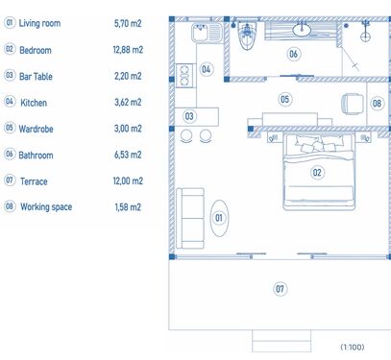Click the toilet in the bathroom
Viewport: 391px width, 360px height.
[x=247, y=36]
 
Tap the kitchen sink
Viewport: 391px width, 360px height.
[x=207, y=33]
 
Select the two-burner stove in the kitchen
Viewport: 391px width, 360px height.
[x=184, y=76]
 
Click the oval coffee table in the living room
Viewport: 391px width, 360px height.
[x=219, y=218]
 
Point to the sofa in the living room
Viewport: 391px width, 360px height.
[x=190, y=218]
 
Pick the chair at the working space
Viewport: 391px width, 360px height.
[x=353, y=104]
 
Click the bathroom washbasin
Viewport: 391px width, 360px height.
[x=302, y=30]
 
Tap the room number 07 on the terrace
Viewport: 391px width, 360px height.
[x=280, y=289]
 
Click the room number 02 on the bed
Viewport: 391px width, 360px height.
[x=317, y=173]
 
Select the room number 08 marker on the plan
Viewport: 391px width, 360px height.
[x=377, y=104]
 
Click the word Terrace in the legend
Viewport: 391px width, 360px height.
[x=34, y=181]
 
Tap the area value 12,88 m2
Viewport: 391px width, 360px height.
[x=128, y=50]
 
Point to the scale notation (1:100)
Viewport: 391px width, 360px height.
[x=353, y=347]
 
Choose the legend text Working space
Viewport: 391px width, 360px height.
[x=46, y=207]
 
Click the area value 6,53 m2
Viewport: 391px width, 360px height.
[x=128, y=155]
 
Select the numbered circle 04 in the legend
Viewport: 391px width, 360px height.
[x=10, y=102]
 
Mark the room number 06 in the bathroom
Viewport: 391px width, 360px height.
[x=293, y=54]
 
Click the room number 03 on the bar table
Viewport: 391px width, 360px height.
[x=189, y=116]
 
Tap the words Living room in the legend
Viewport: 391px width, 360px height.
[x=39, y=23]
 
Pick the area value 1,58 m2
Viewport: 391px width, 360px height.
[x=128, y=207]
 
